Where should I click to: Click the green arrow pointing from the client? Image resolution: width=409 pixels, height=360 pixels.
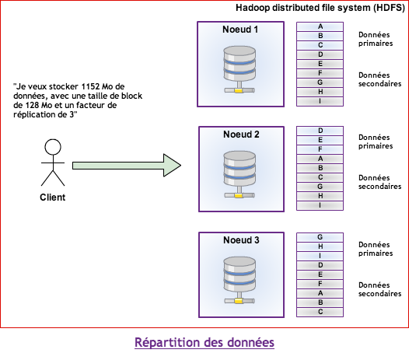(x=127, y=166)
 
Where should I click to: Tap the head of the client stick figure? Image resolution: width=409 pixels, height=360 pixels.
(x=53, y=147)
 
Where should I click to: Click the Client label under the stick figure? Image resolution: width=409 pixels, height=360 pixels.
(x=52, y=197)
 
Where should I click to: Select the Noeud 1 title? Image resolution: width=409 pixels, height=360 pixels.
(x=240, y=30)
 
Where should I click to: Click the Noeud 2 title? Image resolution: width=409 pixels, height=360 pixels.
(x=241, y=135)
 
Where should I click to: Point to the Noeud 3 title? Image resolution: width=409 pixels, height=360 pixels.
(x=241, y=240)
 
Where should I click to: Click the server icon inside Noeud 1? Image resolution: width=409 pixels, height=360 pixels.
(x=239, y=69)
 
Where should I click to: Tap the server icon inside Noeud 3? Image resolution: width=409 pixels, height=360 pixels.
(x=239, y=280)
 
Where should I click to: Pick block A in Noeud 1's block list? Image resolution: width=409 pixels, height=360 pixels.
(x=320, y=26)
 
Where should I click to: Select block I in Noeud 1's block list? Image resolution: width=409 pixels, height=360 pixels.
(x=320, y=101)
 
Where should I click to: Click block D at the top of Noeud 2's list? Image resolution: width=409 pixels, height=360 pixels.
(x=320, y=131)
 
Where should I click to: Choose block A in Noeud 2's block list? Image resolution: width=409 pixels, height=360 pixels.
(x=320, y=159)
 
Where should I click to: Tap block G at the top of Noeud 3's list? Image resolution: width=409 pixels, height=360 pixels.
(x=320, y=237)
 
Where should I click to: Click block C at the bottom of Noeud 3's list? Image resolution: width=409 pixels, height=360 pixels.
(x=320, y=312)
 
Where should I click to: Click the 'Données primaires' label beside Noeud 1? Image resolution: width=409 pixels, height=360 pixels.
(x=376, y=39)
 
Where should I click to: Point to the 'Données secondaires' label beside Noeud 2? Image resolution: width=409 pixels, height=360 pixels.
(x=379, y=182)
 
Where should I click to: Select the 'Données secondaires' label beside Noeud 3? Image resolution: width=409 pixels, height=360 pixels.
(x=379, y=289)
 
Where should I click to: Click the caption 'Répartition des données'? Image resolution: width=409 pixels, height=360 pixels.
(x=204, y=342)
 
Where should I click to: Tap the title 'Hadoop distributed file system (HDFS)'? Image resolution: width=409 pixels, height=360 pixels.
(x=320, y=8)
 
